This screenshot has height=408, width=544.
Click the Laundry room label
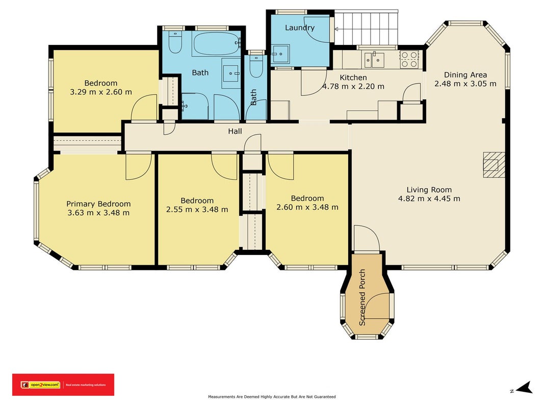[x=300, y=28]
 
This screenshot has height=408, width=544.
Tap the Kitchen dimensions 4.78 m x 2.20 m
[x=353, y=86]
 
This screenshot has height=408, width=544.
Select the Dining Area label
[x=465, y=74]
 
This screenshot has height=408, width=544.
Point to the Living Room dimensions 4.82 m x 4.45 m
[x=429, y=199]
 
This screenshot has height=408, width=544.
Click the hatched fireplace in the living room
[x=494, y=165]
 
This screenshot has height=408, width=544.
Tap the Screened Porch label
[x=362, y=297]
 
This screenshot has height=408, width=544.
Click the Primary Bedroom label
[x=98, y=204]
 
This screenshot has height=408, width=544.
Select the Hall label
[x=235, y=131]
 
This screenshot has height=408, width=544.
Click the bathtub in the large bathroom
[x=216, y=44]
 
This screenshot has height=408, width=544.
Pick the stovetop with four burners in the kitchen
[x=409, y=59]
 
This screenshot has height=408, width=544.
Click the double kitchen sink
[x=374, y=60]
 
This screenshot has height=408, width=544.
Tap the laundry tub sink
[x=280, y=54]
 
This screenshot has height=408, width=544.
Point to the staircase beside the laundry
[x=366, y=28]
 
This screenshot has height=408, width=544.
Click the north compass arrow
[x=524, y=388]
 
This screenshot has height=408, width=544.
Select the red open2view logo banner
[x=63, y=385]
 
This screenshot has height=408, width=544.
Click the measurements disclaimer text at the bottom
[x=272, y=397]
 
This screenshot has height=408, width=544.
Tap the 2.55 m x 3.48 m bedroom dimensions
[x=197, y=210]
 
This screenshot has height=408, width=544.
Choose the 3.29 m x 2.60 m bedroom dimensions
[x=101, y=92]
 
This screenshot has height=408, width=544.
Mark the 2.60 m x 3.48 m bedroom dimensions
[x=307, y=207]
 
